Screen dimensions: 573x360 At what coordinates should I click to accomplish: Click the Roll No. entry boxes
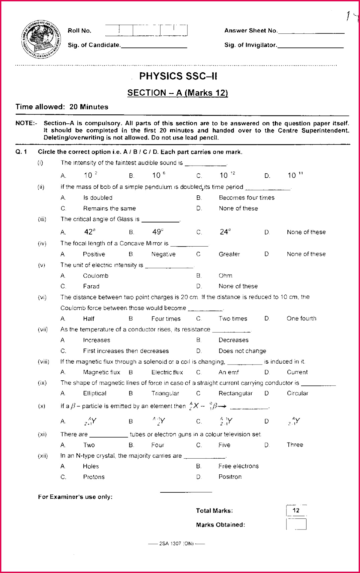click(x=146, y=30)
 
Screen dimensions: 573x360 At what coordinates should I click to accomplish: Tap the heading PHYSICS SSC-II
click(x=178, y=76)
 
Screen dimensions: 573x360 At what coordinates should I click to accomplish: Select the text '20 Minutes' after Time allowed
click(x=89, y=107)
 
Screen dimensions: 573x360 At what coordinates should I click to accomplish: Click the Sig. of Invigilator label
click(x=250, y=45)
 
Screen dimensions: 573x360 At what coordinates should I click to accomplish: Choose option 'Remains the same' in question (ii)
click(x=109, y=208)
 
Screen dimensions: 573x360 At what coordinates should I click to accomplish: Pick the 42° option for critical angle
click(x=90, y=232)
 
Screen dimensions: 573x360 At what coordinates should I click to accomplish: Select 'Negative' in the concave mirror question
click(x=163, y=254)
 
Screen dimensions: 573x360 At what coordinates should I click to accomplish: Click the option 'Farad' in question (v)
click(x=91, y=286)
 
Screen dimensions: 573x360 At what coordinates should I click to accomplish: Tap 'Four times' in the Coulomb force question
click(x=166, y=319)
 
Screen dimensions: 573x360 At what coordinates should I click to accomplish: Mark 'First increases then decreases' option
click(x=126, y=351)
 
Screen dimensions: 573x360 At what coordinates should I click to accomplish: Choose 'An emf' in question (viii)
click(x=229, y=372)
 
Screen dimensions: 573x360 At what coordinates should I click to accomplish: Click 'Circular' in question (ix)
click(x=297, y=393)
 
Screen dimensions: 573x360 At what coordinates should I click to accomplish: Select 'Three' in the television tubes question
click(x=295, y=445)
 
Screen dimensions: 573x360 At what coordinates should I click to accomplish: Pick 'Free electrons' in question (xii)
click(x=238, y=466)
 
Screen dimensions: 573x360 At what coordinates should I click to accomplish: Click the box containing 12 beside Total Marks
click(x=296, y=510)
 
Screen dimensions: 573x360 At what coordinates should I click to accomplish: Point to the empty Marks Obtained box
click(x=296, y=524)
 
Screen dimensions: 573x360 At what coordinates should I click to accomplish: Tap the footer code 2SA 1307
click(x=176, y=544)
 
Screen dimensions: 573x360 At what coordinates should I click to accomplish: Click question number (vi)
click(x=42, y=297)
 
